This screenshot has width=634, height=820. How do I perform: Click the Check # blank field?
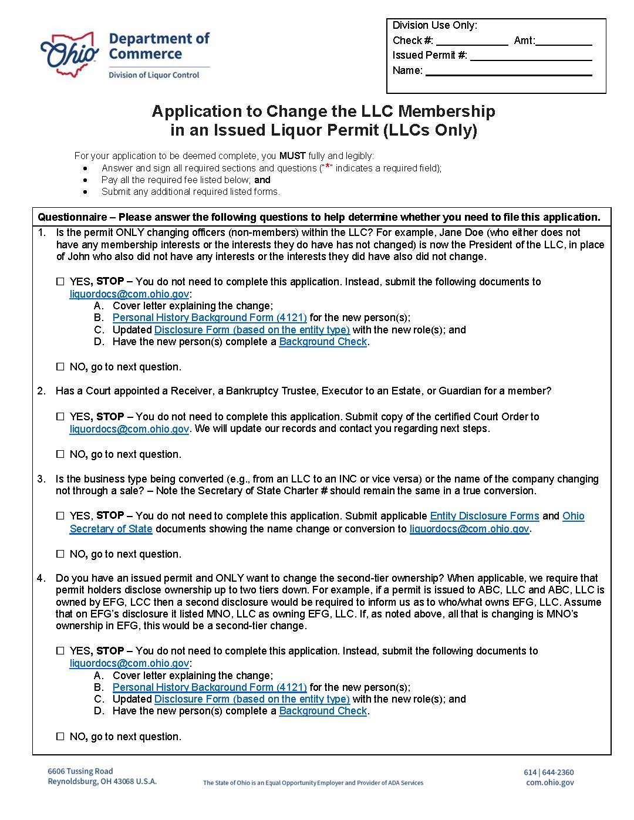(471, 41)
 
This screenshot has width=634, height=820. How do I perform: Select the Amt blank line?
(564, 41)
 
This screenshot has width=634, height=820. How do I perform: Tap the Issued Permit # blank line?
(531, 56)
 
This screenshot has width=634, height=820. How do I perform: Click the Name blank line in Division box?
(508, 72)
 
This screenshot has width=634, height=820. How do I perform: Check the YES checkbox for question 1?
(60, 282)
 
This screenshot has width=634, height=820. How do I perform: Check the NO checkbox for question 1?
(60, 367)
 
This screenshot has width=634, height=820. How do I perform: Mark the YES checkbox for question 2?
(60, 417)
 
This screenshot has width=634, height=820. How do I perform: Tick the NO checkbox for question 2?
(60, 454)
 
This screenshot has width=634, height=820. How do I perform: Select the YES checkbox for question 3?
(60, 516)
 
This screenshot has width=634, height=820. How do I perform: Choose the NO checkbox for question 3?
(60, 554)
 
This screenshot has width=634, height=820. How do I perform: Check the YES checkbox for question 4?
(60, 651)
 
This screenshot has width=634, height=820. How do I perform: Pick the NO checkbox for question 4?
(60, 737)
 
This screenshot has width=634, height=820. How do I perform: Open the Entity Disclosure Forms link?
(484, 516)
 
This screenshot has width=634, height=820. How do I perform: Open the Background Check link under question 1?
(323, 342)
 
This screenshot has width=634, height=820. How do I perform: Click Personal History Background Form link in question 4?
(210, 687)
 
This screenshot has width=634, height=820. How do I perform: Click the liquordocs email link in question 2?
(129, 429)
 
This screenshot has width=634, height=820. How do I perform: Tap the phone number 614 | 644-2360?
(548, 772)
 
